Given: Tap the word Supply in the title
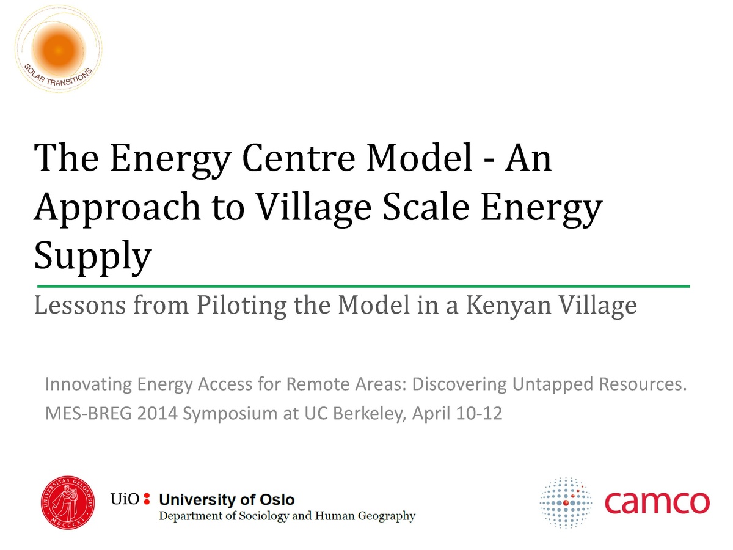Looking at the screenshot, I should pyautogui.click(x=92, y=257).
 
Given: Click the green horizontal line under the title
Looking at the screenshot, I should pyautogui.click(x=363, y=285).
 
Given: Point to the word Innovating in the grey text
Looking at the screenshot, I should pyautogui.click(x=89, y=385).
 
